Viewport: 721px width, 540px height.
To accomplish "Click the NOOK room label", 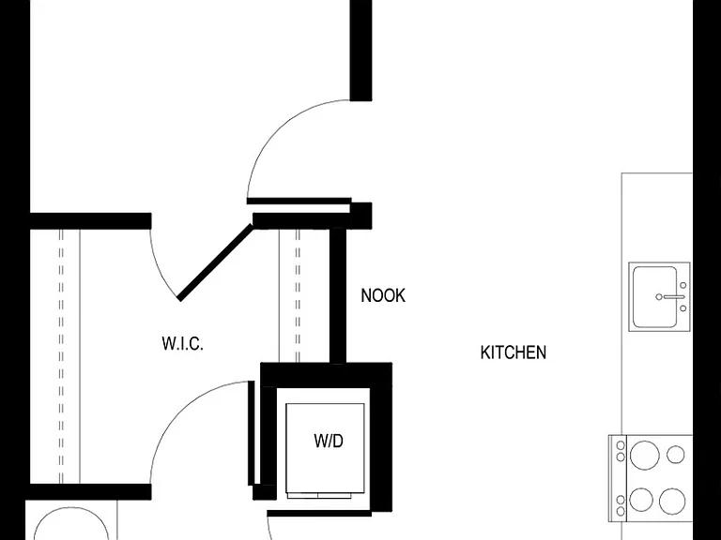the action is click(x=383, y=295).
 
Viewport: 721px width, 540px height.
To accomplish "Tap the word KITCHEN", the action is click(x=514, y=352).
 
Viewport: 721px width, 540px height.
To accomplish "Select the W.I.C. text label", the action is click(x=182, y=343).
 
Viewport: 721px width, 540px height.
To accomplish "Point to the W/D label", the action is click(x=329, y=441).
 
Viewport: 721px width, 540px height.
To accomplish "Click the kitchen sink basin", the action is click(x=654, y=296).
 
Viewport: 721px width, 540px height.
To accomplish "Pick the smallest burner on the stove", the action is click(x=676, y=455).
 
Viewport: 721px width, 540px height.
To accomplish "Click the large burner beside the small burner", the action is click(x=644, y=455).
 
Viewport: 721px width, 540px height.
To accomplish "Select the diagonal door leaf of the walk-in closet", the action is click(x=215, y=262).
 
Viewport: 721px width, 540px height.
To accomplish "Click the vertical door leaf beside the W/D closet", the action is click(x=251, y=433).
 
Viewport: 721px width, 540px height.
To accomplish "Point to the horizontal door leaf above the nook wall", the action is click(x=299, y=201).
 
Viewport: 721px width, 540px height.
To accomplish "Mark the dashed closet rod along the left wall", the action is click(x=61, y=356).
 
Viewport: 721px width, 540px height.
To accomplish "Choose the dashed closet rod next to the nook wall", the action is click(x=298, y=296).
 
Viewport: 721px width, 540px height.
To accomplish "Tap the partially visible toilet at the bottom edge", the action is click(x=71, y=523).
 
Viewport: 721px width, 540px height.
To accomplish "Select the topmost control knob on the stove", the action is click(x=621, y=445).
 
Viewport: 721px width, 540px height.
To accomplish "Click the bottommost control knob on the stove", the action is click(x=621, y=511).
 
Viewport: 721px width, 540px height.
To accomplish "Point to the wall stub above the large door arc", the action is click(x=360, y=51).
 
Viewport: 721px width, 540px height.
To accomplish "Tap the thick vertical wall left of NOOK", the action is click(x=338, y=296).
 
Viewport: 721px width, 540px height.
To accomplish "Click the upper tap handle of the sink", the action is click(x=683, y=286).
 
